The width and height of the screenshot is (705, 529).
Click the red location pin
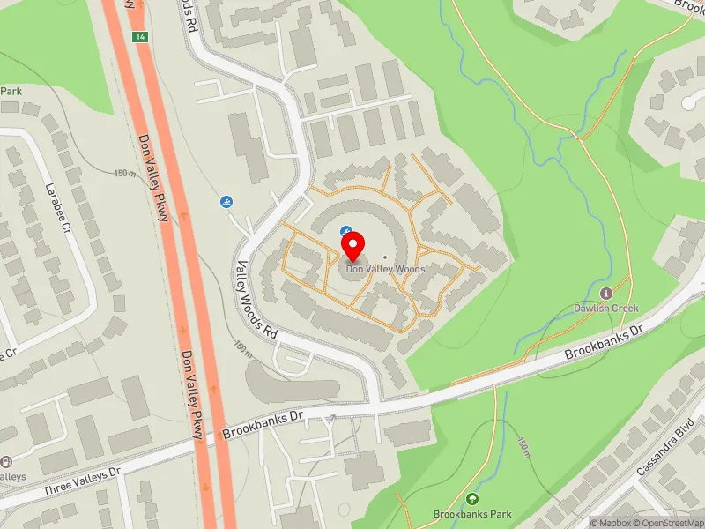coord(352,243)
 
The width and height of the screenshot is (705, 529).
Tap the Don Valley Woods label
coord(385,269)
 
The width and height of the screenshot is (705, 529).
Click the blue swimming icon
coord(226,202)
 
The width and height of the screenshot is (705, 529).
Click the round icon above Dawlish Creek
coord(606,293)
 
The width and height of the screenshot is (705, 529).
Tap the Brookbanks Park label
coord(472,513)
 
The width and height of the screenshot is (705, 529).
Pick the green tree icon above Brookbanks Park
coord(472,499)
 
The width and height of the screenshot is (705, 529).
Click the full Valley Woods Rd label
coord(257,301)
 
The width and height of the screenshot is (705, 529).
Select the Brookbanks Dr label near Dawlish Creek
coord(606,339)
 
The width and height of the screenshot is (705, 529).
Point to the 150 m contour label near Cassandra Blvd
coord(524,447)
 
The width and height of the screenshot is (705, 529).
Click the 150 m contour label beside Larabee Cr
coord(124,173)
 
